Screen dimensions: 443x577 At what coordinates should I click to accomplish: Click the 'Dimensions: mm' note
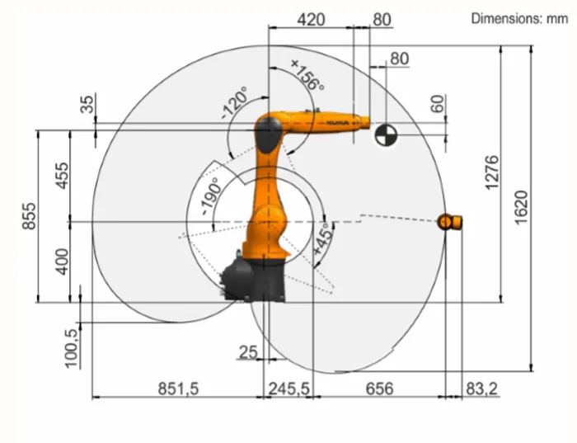coord(518,17)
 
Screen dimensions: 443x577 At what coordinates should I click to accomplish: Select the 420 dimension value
coord(311,19)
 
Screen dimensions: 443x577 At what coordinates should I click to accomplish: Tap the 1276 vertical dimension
coord(492,172)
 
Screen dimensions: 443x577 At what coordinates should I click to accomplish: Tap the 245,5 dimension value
coord(288,388)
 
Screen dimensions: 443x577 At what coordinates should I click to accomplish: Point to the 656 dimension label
coord(378,388)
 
